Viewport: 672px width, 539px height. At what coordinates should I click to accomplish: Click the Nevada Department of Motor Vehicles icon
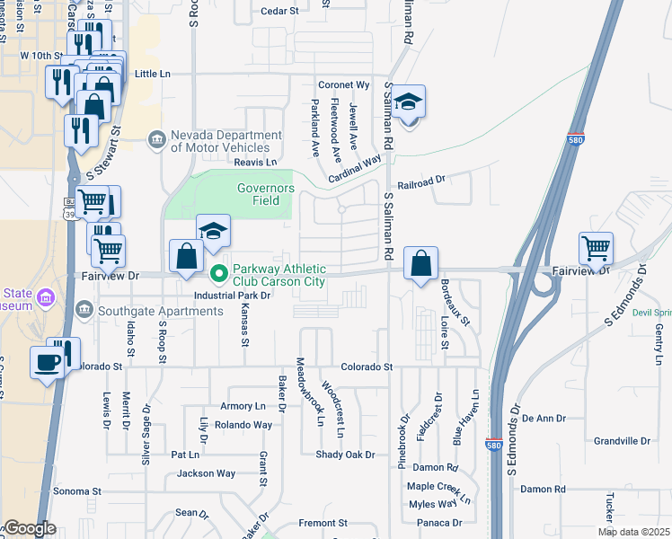pyautogui.click(x=158, y=138)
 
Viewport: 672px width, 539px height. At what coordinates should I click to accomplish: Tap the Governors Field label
pyautogui.click(x=265, y=194)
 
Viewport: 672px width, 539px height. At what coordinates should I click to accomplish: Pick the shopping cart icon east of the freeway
pyautogui.click(x=597, y=248)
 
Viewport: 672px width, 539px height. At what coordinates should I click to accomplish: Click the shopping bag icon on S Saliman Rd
pyautogui.click(x=420, y=264)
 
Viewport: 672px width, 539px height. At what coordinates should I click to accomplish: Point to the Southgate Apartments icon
pyautogui.click(x=84, y=311)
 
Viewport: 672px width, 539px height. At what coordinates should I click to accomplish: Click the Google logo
pyautogui.click(x=29, y=528)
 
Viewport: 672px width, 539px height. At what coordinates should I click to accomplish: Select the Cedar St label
pyautogui.click(x=279, y=11)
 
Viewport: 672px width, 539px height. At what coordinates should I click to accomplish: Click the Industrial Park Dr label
pyautogui.click(x=233, y=295)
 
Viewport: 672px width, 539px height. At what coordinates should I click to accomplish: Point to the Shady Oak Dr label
pyautogui.click(x=345, y=455)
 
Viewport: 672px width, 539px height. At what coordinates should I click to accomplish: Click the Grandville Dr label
pyautogui.click(x=622, y=441)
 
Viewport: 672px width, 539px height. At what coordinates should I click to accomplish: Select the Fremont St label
pyautogui.click(x=323, y=523)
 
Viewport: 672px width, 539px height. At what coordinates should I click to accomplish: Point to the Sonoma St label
pyautogui.click(x=76, y=491)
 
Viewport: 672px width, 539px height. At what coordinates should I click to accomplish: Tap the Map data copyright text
pyautogui.click(x=633, y=532)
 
